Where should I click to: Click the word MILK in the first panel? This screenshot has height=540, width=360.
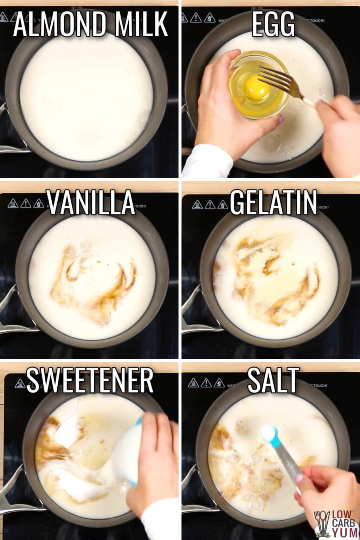pos(141,24)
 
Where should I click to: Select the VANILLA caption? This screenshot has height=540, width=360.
pos(90,202)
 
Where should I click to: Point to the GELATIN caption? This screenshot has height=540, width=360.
pos(274,202)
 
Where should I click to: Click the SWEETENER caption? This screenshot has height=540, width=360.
pos(90,380)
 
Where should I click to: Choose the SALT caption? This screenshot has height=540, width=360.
pos(273,380)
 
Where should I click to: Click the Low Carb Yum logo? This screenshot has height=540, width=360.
pos(336,524)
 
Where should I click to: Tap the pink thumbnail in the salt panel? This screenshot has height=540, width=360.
pos(299,478)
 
